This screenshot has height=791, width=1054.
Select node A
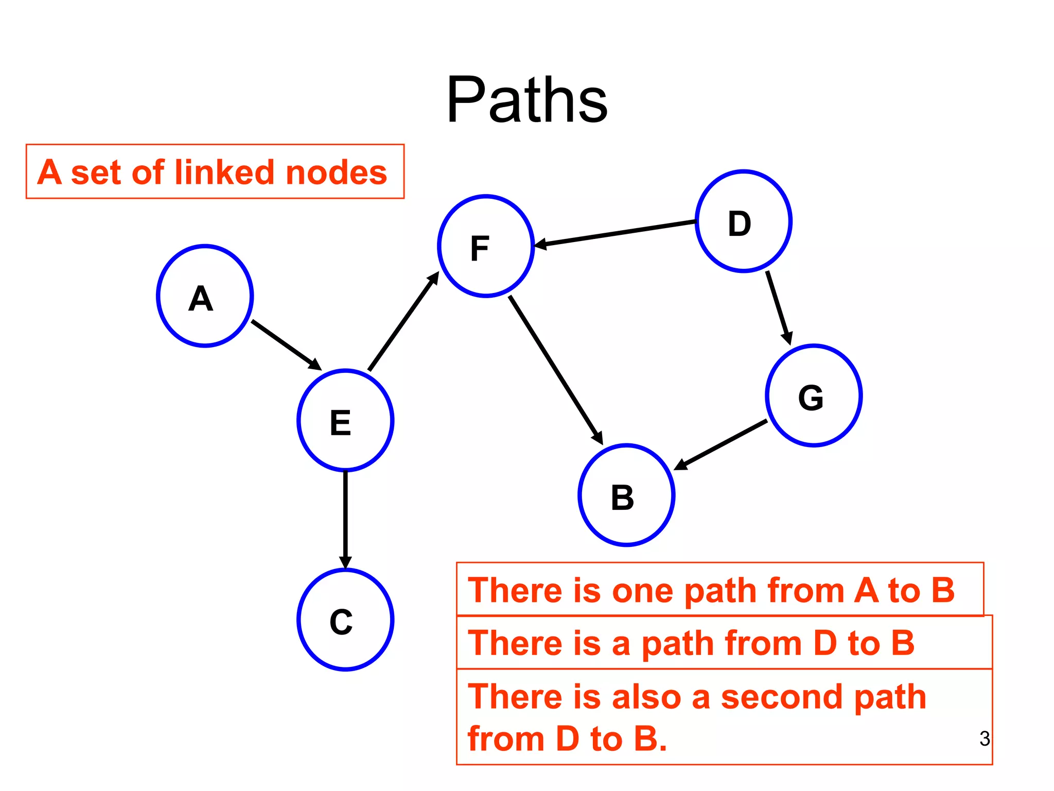(x=205, y=296)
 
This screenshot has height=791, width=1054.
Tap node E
(x=345, y=420)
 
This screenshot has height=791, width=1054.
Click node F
(x=486, y=246)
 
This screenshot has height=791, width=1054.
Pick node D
(x=743, y=221)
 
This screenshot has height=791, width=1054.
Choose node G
(x=814, y=395)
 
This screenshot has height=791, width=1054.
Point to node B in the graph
(x=626, y=495)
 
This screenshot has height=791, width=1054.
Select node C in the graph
(x=345, y=620)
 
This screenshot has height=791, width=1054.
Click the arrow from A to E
(x=286, y=345)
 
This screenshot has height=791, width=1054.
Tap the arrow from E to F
(x=403, y=321)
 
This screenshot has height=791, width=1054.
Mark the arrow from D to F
(x=615, y=233)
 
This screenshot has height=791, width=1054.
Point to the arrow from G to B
(x=721, y=445)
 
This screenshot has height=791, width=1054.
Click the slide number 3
(x=985, y=738)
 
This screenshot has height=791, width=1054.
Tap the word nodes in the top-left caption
(x=336, y=173)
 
